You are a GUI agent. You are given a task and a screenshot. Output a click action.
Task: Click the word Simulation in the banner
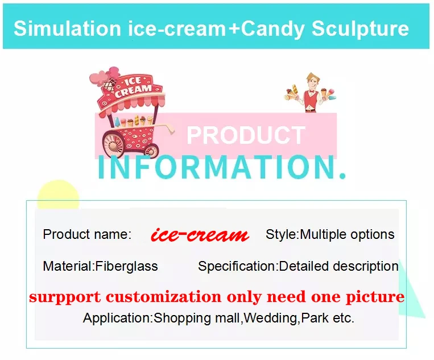pyautogui.click(x=67, y=28)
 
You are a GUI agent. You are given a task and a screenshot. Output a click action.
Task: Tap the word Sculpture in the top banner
pyautogui.click(x=360, y=29)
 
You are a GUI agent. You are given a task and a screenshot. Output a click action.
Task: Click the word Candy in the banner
pyautogui.click(x=272, y=29)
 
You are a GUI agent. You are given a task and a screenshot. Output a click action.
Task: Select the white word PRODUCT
pyautogui.click(x=246, y=135)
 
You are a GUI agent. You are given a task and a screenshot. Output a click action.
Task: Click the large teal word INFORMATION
pyautogui.click(x=222, y=167)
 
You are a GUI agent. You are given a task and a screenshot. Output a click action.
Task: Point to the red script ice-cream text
pyautogui.click(x=200, y=235)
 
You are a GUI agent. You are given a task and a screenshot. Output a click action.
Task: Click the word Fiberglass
pyautogui.click(x=126, y=266)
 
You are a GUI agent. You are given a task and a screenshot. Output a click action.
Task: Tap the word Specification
pyautogui.click(x=237, y=267)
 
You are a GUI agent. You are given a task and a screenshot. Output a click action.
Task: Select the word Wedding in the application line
pyautogui.click(x=271, y=318)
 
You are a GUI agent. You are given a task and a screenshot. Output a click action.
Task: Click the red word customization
pyautogui.click(x=164, y=297)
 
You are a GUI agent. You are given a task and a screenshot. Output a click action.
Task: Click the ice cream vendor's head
pyautogui.click(x=312, y=81)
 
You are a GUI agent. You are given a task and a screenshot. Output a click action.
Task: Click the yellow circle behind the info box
pyautogui.click(x=58, y=195)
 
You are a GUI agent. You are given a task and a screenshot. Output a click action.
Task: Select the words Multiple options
pyautogui.click(x=347, y=234)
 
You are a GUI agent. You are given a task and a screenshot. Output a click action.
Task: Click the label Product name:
pyautogui.click(x=87, y=234)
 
